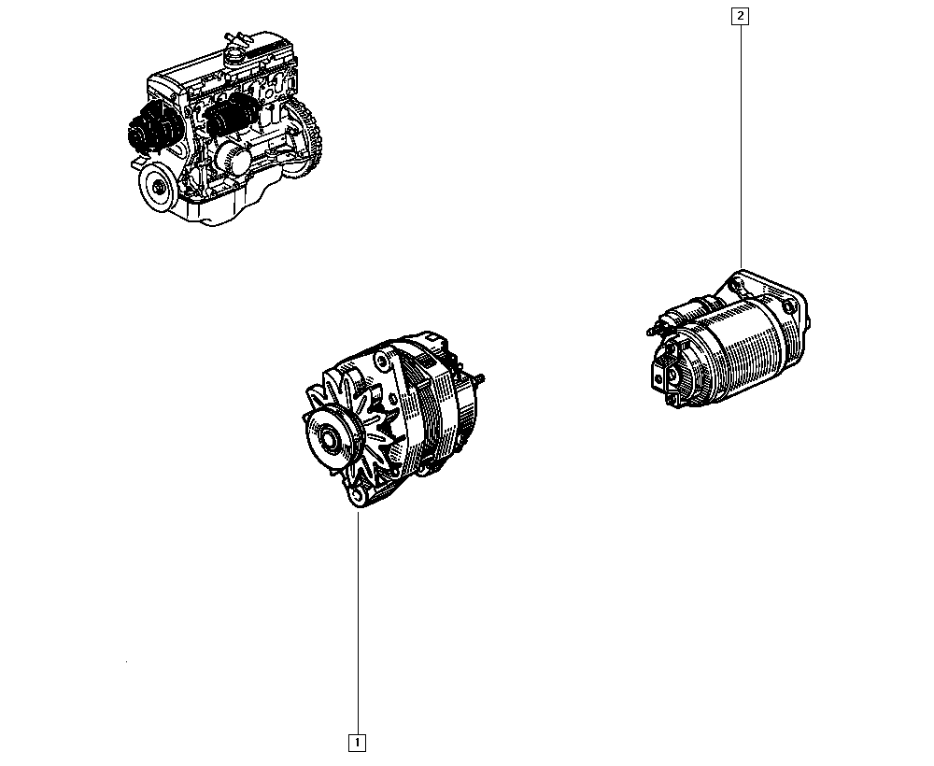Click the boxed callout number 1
click(357, 743)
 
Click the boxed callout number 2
click(741, 16)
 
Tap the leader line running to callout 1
click(358, 622)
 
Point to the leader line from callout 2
click(741, 147)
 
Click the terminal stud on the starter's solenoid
click(654, 328)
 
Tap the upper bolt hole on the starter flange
click(739, 287)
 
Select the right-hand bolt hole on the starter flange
click(788, 307)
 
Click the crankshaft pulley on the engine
click(158, 187)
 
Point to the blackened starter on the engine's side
click(231, 115)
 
